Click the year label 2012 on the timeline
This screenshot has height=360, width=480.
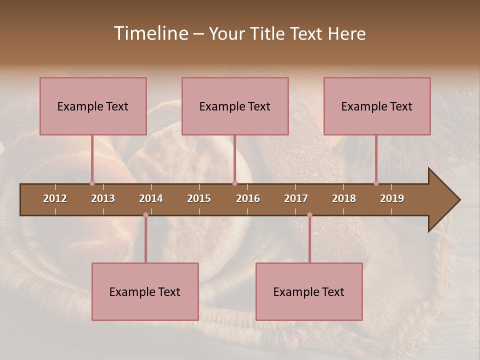[55, 198]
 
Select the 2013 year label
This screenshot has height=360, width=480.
[103, 198]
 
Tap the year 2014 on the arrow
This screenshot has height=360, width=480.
[151, 198]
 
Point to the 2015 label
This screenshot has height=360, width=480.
[199, 198]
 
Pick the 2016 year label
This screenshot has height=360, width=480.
[248, 198]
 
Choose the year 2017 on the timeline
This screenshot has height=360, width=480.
[296, 198]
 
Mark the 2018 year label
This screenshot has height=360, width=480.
[344, 198]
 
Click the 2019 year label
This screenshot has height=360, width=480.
[392, 198]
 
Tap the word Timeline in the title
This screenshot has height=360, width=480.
[150, 33]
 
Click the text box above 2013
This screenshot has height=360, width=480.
[93, 106]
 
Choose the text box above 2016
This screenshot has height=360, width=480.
[235, 106]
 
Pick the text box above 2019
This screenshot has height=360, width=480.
[377, 106]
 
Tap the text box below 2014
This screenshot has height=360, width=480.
[145, 291]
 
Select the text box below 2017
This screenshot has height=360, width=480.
[309, 291]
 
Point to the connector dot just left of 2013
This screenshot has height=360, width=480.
[92, 183]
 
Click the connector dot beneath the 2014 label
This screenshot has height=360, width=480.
[145, 215]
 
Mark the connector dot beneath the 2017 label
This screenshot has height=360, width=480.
[309, 215]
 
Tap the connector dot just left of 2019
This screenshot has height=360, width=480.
[376, 183]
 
